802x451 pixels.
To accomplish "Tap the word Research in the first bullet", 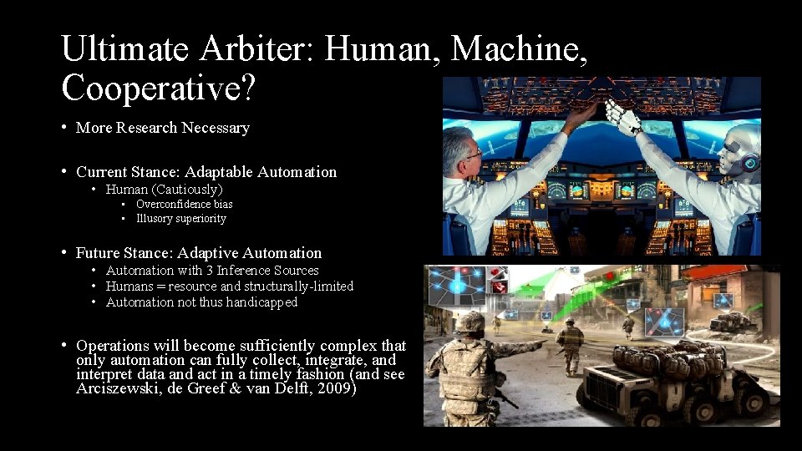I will (x=147, y=128).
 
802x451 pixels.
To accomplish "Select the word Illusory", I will (x=155, y=219).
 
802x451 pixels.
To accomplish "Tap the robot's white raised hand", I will (x=619, y=116).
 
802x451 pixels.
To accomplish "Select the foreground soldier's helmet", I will (x=470, y=322).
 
